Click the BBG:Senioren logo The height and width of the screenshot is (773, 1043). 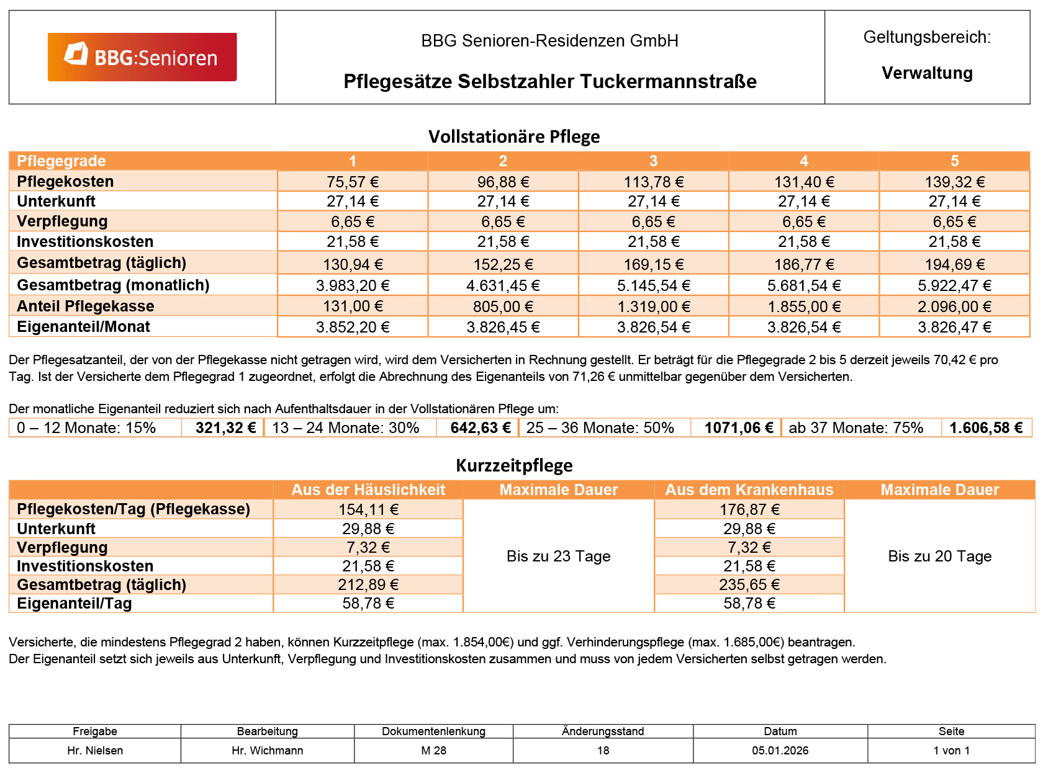[142, 57]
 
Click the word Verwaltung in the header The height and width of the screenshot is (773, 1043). [927, 73]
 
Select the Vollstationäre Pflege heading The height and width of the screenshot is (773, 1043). [514, 136]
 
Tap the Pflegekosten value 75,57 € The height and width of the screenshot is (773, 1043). [353, 182]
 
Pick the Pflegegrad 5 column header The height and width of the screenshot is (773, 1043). [954, 161]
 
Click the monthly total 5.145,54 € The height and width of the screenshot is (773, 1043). [653, 285]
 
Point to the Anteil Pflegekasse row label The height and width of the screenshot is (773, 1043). [86, 306]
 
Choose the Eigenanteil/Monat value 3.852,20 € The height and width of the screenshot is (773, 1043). [353, 327]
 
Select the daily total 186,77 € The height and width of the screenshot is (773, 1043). [804, 265]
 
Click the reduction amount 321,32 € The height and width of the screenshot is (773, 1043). [225, 428]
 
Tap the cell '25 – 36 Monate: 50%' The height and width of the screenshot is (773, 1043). [600, 428]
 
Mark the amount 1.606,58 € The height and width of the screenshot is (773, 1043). [986, 428]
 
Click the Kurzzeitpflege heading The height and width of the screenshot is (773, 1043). [514, 465]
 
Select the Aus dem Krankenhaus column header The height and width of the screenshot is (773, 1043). [749, 490]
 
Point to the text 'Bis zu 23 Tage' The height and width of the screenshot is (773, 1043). [558, 556]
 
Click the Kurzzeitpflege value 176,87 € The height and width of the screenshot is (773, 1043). [749, 510]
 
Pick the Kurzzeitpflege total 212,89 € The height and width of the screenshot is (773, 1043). [368, 585]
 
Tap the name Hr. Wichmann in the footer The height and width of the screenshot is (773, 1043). [268, 751]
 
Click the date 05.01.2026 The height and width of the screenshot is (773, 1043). [780, 751]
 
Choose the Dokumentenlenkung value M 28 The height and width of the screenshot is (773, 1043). [433, 751]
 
